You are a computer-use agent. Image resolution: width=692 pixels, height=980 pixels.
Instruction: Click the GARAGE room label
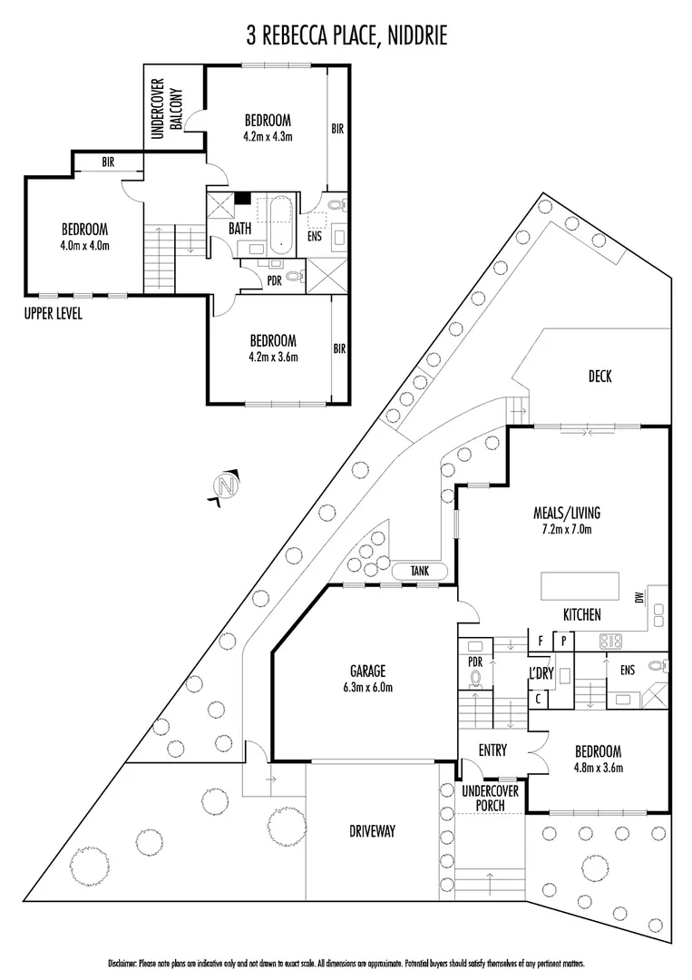(369, 671)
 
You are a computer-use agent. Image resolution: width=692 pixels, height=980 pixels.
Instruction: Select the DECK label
(599, 377)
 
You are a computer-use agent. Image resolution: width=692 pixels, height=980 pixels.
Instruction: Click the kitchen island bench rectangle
(580, 586)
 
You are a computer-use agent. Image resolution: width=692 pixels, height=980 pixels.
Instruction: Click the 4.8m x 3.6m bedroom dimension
(598, 768)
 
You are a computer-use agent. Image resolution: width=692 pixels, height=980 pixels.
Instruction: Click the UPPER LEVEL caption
(54, 315)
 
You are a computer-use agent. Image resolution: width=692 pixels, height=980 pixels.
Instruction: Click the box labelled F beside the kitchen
(541, 641)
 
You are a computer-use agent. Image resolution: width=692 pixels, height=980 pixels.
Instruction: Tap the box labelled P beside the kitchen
(563, 641)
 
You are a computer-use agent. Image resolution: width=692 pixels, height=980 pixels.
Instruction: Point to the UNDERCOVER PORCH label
(491, 797)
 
